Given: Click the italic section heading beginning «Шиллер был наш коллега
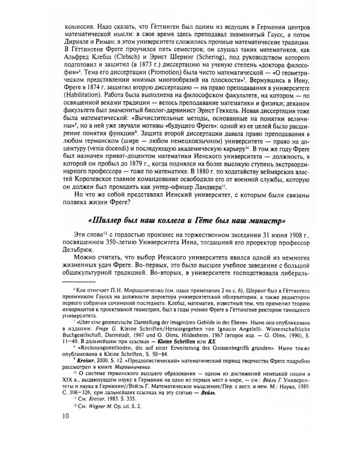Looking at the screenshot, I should point(189,216).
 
